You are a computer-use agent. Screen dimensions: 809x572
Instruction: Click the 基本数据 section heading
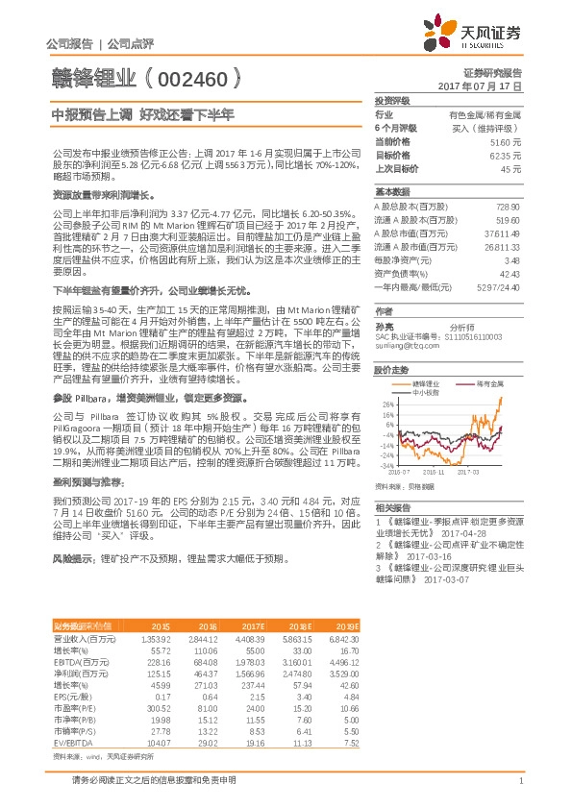[x=392, y=192]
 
